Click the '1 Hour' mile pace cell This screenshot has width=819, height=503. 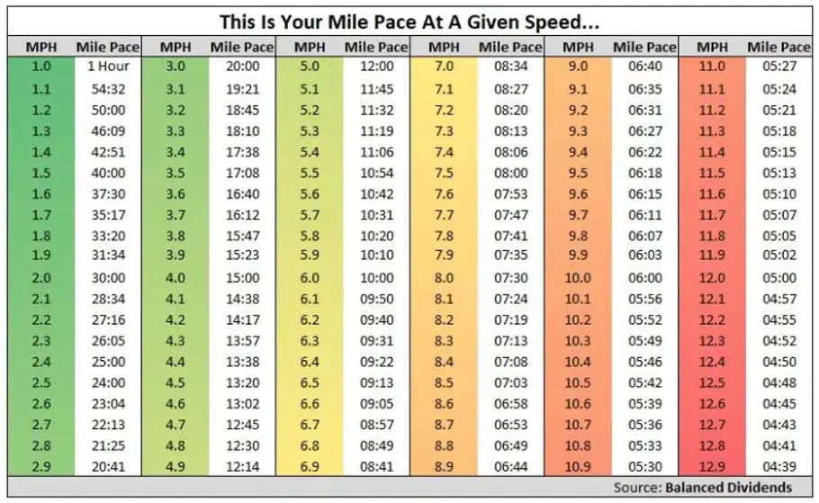[108, 67]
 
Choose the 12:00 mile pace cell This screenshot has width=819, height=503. [376, 67]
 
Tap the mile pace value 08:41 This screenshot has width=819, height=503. [376, 466]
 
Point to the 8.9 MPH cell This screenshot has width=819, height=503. [444, 466]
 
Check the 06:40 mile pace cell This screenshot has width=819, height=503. [644, 67]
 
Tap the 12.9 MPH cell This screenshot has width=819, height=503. [712, 466]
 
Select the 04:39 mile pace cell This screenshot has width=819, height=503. [778, 466]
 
